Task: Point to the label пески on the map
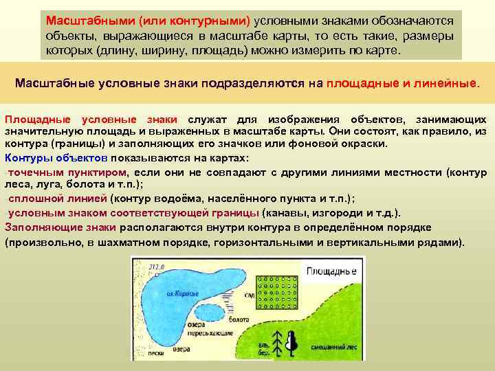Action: coord(155,355)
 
